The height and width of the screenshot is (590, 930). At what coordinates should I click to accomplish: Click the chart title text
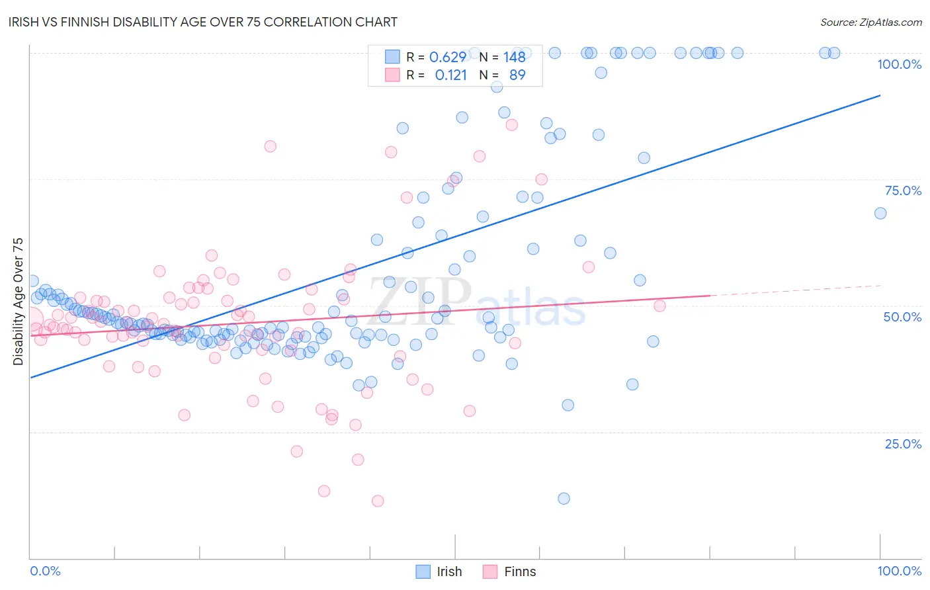click(x=204, y=22)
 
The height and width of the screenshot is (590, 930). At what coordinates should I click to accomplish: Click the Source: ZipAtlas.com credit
click(x=870, y=22)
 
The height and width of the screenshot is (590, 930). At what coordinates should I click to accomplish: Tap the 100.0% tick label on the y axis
click(x=899, y=64)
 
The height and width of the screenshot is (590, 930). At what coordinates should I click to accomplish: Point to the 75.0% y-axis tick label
click(x=903, y=190)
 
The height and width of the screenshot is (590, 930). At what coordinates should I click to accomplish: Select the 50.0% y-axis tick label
click(x=902, y=317)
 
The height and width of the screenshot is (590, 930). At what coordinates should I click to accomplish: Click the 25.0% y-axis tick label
click(x=903, y=444)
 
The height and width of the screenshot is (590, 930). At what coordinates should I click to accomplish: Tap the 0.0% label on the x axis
click(x=45, y=571)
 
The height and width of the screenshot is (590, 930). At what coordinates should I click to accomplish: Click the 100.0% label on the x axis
click(x=899, y=571)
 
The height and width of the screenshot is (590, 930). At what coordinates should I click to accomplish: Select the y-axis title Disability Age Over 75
click(x=18, y=302)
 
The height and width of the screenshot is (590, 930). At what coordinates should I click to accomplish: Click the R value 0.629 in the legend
click(x=447, y=57)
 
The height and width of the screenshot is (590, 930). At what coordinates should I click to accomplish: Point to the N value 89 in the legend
click(x=517, y=75)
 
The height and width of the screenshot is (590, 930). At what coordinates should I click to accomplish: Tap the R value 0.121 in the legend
click(x=450, y=75)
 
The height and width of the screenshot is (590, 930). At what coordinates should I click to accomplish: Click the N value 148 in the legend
click(x=514, y=57)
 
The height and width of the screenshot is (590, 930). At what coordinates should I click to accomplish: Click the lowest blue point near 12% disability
click(x=564, y=499)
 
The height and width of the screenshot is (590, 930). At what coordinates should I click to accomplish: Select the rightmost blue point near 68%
click(x=880, y=213)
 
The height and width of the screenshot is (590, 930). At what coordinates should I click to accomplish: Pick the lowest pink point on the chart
click(x=378, y=501)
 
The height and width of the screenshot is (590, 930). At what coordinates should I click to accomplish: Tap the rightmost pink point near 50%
click(x=659, y=306)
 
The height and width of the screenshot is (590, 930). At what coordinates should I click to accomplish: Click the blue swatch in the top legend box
click(x=392, y=57)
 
